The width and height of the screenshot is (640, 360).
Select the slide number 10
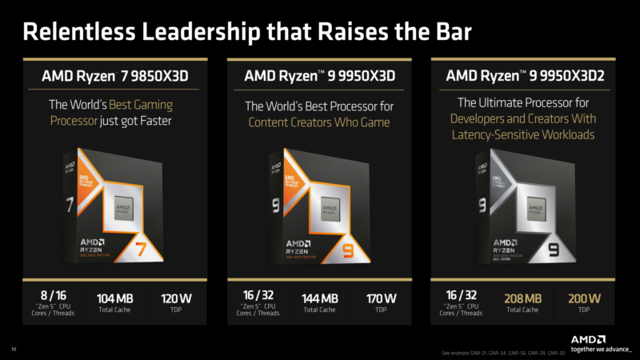click(13, 350)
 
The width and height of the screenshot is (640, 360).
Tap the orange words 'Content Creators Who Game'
click(318, 122)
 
